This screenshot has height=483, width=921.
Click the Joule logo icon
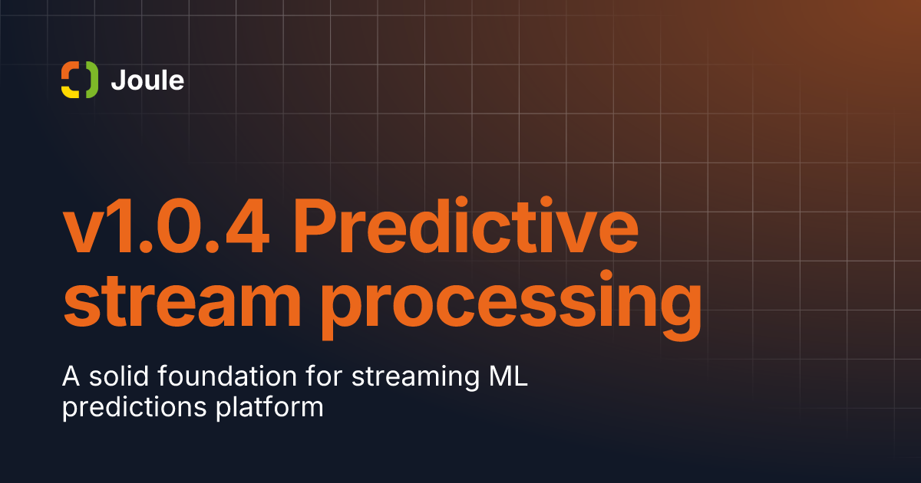tap(80, 80)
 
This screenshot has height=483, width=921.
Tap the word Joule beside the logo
tap(147, 80)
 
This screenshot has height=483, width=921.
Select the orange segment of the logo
tap(69, 71)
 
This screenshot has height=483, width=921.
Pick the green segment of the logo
tap(91, 80)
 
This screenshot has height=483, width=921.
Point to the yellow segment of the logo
tap(69, 91)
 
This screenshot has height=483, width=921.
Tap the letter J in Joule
tap(117, 80)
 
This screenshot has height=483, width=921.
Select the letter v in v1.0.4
tap(84, 232)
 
